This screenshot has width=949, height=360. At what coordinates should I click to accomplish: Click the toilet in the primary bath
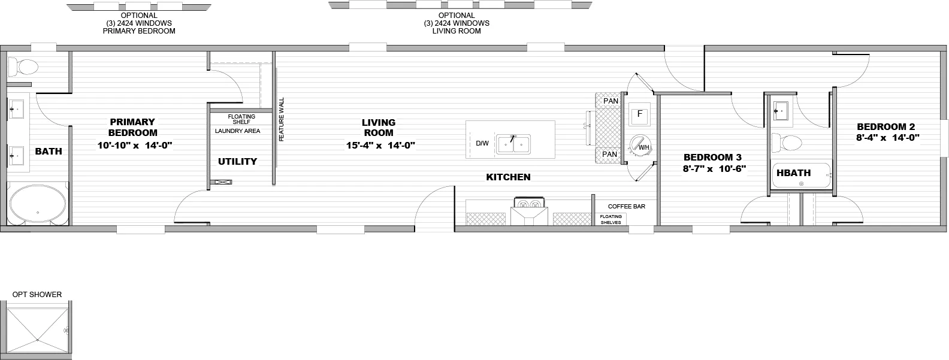click(x=24, y=66)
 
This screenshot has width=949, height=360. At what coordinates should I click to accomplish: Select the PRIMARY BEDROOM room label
click(x=132, y=127)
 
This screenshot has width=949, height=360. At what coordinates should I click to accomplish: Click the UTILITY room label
click(x=237, y=161)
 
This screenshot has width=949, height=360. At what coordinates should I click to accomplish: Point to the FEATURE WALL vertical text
click(x=282, y=119)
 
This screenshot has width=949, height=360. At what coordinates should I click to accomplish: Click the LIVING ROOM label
click(x=378, y=128)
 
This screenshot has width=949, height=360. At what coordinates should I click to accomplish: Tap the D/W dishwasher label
click(x=482, y=144)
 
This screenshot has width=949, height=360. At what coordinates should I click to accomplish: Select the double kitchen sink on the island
click(x=513, y=144)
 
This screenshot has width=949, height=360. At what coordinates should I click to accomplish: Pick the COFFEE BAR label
click(x=627, y=206)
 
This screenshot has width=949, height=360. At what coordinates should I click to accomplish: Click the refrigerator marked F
click(x=639, y=114)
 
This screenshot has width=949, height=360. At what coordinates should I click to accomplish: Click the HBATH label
click(x=793, y=173)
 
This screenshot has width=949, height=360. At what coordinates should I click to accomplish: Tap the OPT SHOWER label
click(x=37, y=294)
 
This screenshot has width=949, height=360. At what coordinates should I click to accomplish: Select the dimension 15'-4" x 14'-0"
click(x=380, y=146)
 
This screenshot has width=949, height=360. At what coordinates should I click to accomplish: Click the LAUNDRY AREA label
click(x=237, y=131)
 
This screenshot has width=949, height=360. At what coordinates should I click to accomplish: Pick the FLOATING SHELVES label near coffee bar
click(x=611, y=219)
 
